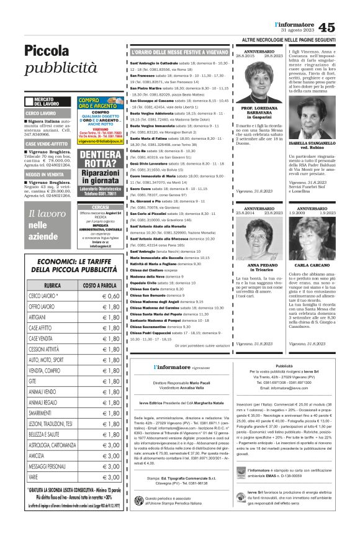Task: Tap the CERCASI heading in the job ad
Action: coord(99,207)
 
